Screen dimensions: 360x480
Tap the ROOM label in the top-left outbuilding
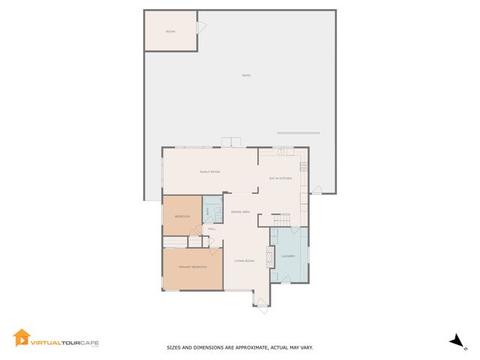[x=170, y=31]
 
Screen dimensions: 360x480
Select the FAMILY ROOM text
[x=209, y=172]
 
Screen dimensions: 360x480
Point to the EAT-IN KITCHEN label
[x=280, y=178]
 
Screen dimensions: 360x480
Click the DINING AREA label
[x=240, y=212]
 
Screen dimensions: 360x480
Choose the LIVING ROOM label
[x=244, y=261]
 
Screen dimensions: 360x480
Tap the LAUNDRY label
[x=288, y=256]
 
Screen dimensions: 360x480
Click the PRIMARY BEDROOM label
[x=193, y=268]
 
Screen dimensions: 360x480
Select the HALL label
[x=212, y=229]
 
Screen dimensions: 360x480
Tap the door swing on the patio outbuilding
[x=201, y=27]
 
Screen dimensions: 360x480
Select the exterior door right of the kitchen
[x=316, y=190]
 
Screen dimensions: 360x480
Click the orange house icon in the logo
[x=22, y=338]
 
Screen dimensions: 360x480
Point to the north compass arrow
[x=457, y=342]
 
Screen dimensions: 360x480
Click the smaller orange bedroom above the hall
[x=182, y=216]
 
